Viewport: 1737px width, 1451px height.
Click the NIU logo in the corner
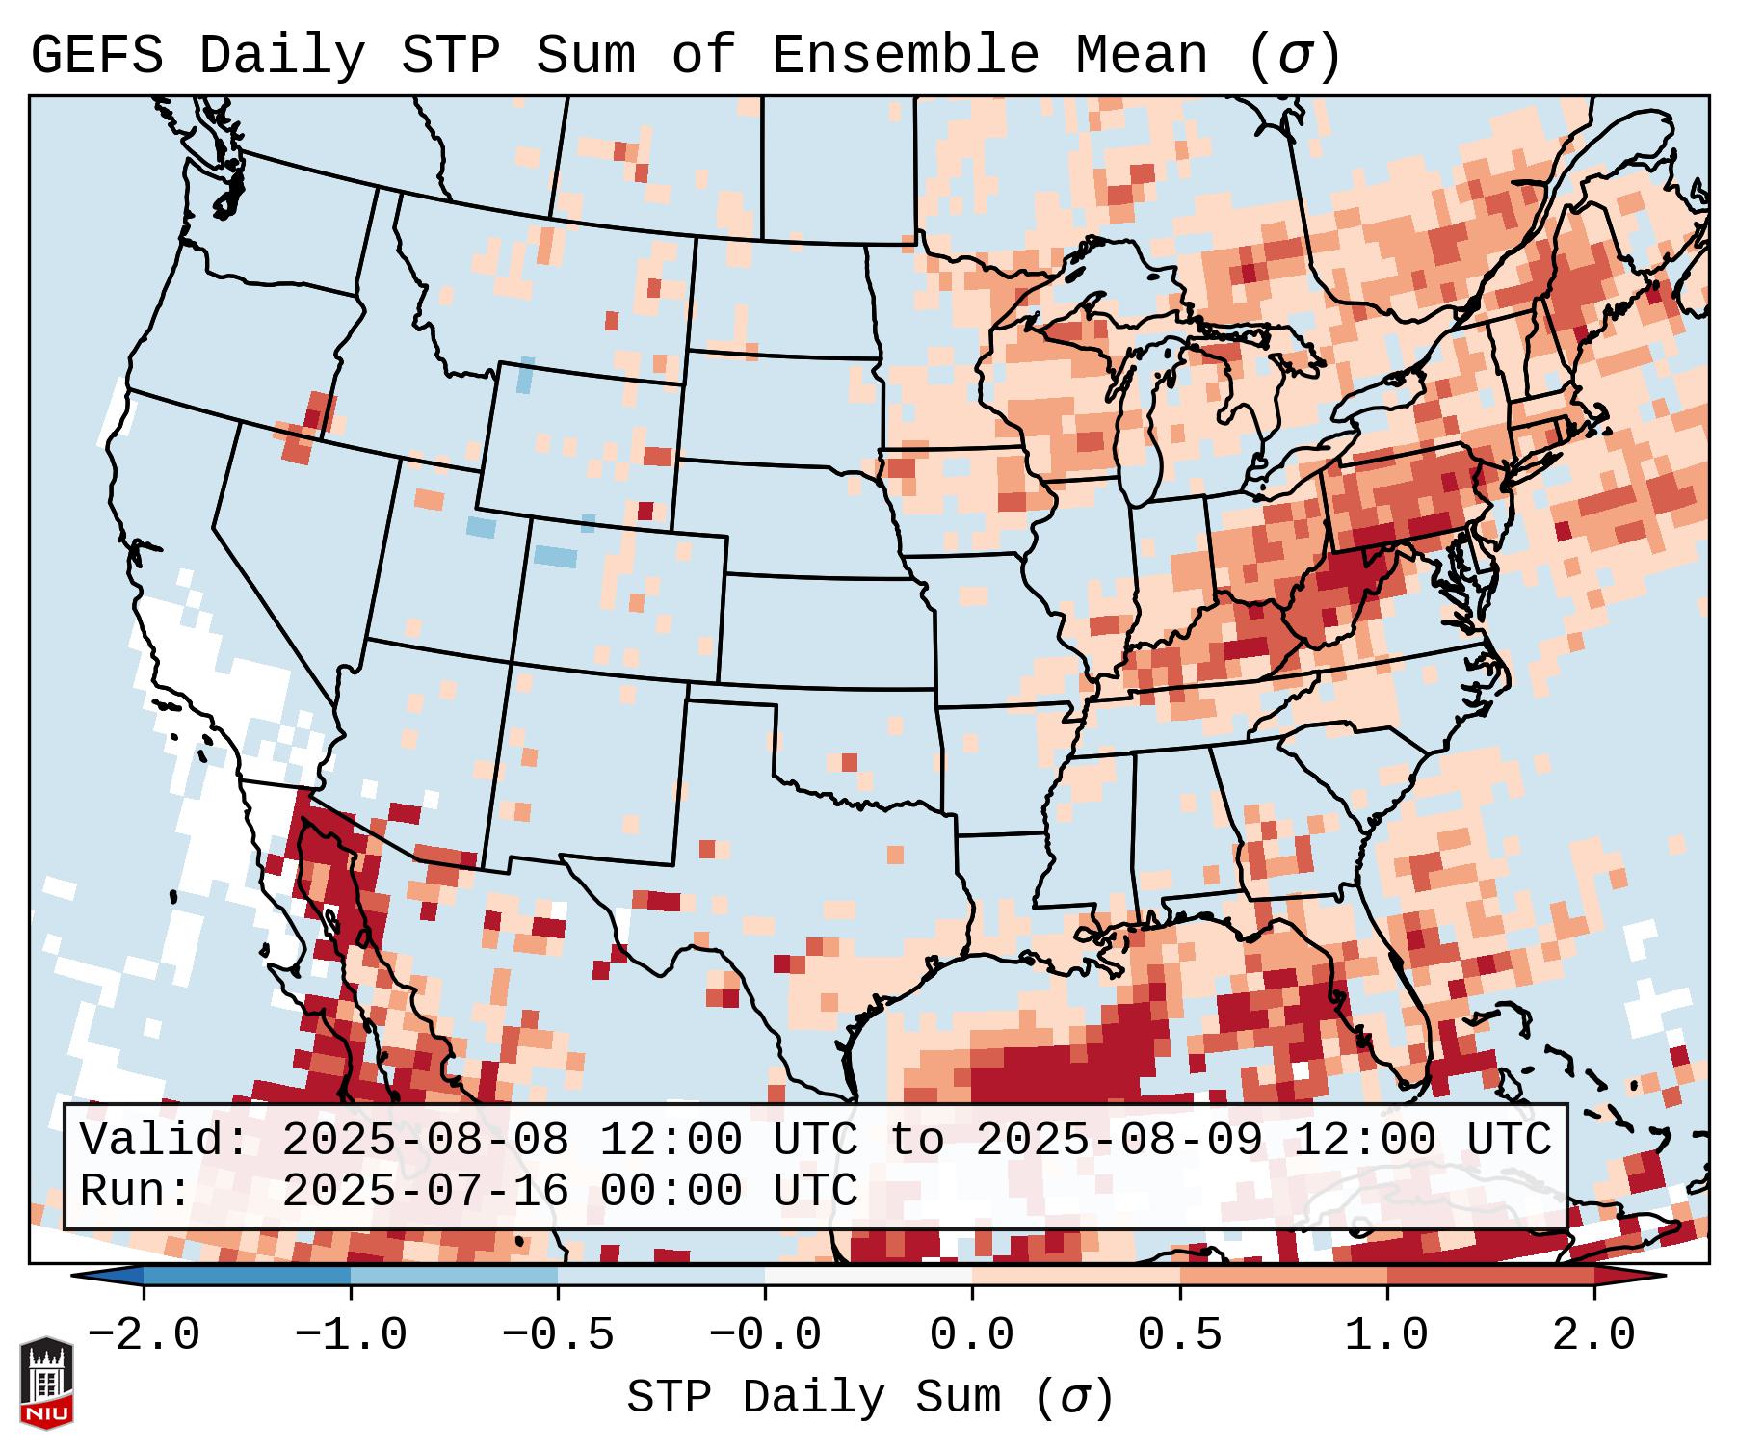click(46, 1382)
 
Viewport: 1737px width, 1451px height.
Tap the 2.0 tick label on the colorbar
click(1593, 1335)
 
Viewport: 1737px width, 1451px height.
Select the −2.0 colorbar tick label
click(144, 1335)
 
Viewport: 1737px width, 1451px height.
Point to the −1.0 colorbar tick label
click(351, 1335)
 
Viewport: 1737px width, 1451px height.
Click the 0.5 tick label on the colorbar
click(1179, 1335)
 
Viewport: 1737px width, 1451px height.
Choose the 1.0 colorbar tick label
click(1386, 1335)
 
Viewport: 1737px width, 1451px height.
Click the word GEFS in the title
click(97, 56)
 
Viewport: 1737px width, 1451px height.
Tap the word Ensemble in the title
click(905, 56)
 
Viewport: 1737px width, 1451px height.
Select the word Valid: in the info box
click(164, 1141)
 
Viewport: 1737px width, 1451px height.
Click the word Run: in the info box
click(136, 1191)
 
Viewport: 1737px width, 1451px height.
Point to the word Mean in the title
click(1142, 56)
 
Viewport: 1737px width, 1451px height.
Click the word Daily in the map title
click(282, 56)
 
